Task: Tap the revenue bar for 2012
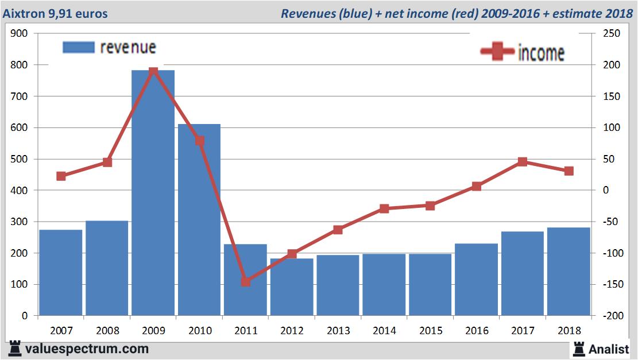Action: (x=292, y=287)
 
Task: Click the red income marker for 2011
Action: (x=246, y=282)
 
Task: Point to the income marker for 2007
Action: (x=61, y=176)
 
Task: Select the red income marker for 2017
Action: (x=522, y=162)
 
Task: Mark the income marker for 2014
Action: (x=384, y=209)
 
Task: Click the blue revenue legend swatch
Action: (x=78, y=47)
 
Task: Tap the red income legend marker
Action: (x=497, y=52)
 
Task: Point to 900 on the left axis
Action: (x=19, y=34)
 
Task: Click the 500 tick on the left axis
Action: (x=19, y=159)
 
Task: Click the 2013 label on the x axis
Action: (x=338, y=331)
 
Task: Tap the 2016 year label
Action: (x=477, y=331)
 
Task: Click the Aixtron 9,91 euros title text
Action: (x=55, y=13)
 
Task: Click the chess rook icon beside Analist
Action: (x=578, y=348)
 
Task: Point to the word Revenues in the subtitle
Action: (x=307, y=13)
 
